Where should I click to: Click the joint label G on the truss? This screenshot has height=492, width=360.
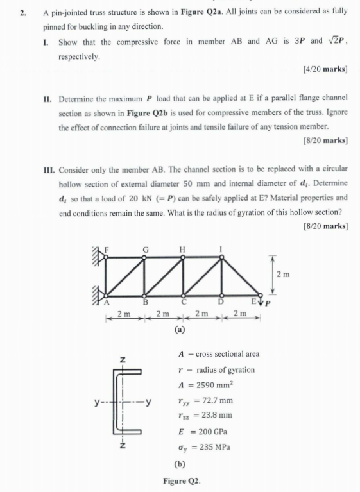click(145, 249)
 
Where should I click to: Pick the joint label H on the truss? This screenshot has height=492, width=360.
click(184, 249)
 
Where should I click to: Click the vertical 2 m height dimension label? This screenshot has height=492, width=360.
click(285, 275)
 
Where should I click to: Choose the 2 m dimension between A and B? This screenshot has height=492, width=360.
click(124, 314)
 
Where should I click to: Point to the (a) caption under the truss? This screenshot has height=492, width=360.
click(180, 330)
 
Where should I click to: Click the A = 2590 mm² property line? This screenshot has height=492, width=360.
click(205, 385)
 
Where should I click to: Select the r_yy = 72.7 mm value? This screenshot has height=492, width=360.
click(205, 400)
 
